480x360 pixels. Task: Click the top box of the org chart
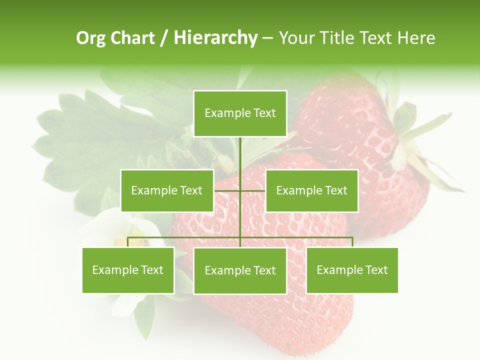click(240, 113)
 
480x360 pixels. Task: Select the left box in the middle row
click(167, 190)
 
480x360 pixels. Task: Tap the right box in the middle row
click(311, 190)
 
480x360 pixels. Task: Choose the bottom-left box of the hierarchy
click(128, 270)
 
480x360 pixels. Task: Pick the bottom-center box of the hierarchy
click(240, 271)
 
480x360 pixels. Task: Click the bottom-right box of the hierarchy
click(352, 270)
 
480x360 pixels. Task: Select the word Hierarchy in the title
click(215, 38)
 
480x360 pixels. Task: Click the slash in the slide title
click(164, 38)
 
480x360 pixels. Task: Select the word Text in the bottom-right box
click(376, 270)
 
